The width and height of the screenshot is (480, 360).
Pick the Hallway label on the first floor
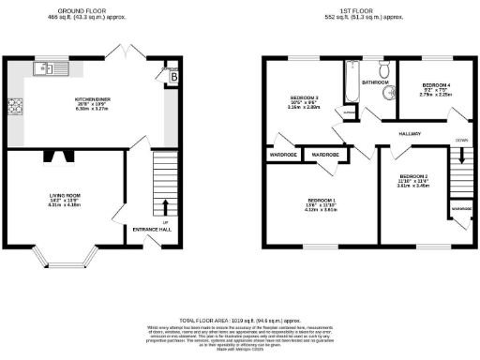(x=411, y=134)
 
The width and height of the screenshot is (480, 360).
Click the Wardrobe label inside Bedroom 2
(x=461, y=208)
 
